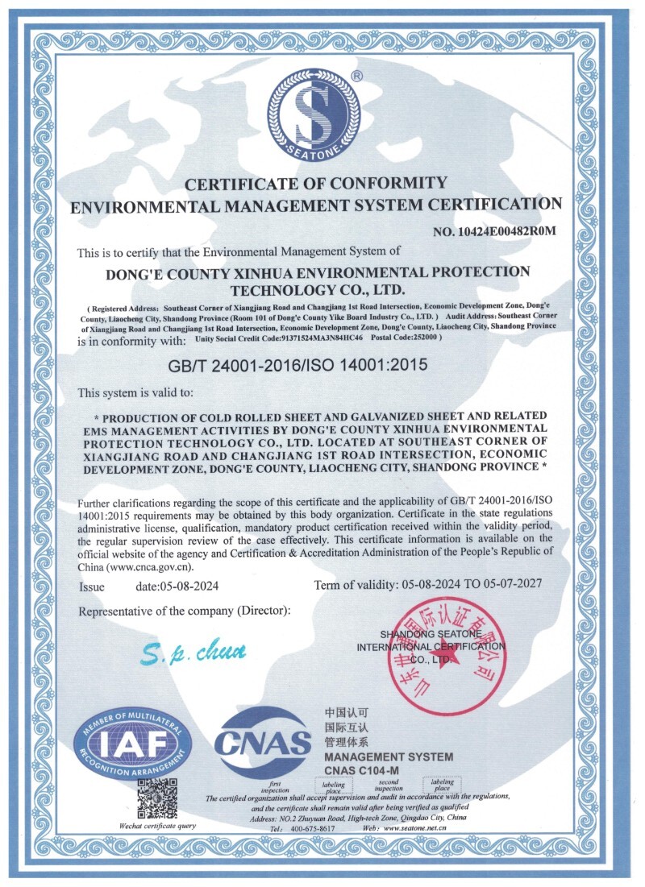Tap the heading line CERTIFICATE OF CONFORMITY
316,183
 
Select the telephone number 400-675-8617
313,828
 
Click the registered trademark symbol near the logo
357,75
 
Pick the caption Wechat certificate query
157,826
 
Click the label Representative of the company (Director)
184,611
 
